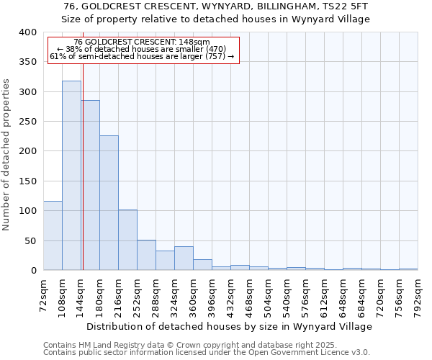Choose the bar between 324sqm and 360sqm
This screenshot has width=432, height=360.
coord(184,258)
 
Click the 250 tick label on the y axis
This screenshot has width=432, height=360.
coord(27,122)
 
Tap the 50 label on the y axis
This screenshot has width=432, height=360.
coord(30,240)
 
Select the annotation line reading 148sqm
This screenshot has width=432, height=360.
coord(142,42)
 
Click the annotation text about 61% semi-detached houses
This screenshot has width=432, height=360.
coord(142,56)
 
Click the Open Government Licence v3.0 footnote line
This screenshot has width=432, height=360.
coord(207,353)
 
